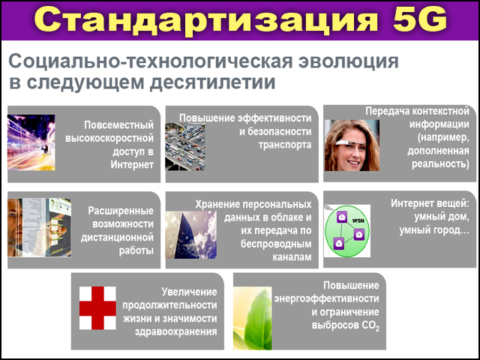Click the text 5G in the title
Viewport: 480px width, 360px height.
click(419, 19)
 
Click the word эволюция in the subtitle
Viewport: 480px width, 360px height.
click(348, 61)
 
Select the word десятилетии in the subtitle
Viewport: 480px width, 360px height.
click(213, 82)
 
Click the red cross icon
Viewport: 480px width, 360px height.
click(97, 308)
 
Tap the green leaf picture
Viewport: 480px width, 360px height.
click(253, 318)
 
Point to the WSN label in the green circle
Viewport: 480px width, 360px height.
click(358, 220)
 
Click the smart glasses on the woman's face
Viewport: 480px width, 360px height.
click(350, 143)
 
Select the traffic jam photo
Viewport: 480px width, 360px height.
click(185, 147)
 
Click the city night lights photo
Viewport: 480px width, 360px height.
click(31, 142)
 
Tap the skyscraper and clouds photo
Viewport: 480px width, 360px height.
click(191, 235)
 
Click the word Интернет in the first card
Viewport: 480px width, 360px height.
click(132, 165)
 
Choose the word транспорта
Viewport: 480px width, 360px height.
click(285, 145)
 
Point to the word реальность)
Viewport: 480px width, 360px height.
click(440, 164)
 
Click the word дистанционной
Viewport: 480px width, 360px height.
click(117, 237)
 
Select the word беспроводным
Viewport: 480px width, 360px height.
click(276, 244)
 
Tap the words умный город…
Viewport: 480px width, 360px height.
click(434, 230)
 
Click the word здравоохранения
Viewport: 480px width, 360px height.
click(176, 331)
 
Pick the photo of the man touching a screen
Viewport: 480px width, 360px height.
click(40, 227)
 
